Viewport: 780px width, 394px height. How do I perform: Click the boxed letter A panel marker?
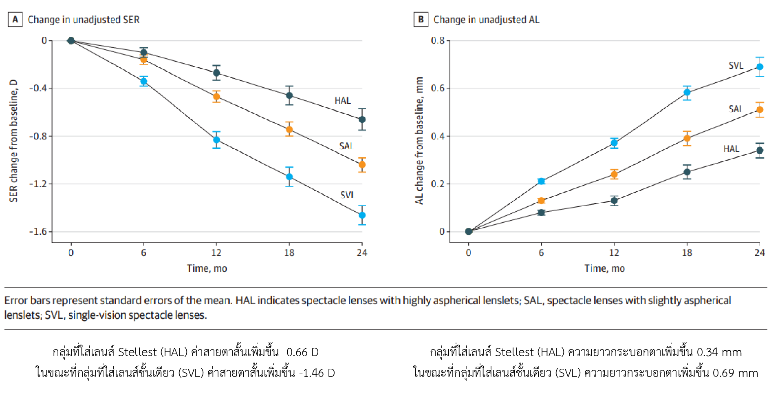click(15, 20)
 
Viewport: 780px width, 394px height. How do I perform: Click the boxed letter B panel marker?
click(421, 20)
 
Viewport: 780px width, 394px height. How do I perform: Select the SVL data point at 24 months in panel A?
click(362, 215)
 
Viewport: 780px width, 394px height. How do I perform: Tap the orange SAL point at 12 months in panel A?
click(216, 97)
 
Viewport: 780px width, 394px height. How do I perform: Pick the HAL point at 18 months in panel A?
click(289, 95)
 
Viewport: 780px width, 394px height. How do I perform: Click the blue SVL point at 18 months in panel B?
click(687, 92)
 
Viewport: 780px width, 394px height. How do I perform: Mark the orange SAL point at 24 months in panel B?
click(760, 110)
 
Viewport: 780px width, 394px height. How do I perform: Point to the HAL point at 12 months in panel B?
click(614, 200)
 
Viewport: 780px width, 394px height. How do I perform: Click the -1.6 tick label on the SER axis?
click(38, 232)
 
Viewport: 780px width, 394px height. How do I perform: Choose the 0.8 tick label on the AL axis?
click(438, 40)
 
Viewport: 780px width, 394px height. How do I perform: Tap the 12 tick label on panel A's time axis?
click(216, 252)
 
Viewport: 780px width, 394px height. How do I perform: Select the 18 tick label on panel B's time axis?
click(687, 252)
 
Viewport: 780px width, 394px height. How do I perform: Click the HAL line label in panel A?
click(343, 101)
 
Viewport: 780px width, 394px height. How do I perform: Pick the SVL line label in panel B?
click(736, 66)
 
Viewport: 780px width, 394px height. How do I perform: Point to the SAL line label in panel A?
click(346, 146)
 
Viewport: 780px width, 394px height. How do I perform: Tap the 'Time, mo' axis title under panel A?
click(207, 268)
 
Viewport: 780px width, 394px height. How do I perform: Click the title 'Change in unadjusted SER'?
click(84, 20)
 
